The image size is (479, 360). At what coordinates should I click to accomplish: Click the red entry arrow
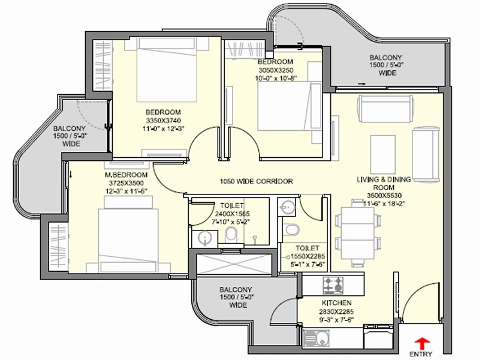coord(421,343)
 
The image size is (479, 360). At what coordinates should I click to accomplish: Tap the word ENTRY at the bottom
coord(421,354)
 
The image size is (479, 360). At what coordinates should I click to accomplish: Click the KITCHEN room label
coord(336,303)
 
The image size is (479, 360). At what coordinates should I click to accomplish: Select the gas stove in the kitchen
coord(333,285)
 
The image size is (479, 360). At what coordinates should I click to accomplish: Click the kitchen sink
coord(316,338)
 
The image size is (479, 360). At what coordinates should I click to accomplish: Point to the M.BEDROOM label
coord(126,175)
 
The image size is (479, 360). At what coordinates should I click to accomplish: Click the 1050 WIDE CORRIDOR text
coord(257,181)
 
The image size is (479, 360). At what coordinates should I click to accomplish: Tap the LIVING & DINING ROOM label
coord(384,183)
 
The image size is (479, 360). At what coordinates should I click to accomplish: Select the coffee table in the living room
coord(382,154)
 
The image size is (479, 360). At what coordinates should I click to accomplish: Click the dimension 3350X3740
coord(163,120)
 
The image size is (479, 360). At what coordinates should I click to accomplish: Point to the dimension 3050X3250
coord(276,70)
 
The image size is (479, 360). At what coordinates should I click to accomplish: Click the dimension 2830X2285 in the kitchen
coord(336,311)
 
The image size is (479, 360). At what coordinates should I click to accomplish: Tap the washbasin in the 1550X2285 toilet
coord(287,207)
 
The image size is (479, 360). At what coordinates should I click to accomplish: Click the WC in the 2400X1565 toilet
coord(231,235)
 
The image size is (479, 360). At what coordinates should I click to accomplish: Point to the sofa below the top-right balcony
coord(386,109)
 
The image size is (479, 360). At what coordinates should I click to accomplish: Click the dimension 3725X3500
coord(126,183)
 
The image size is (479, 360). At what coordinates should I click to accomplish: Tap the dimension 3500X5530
coord(384,196)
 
